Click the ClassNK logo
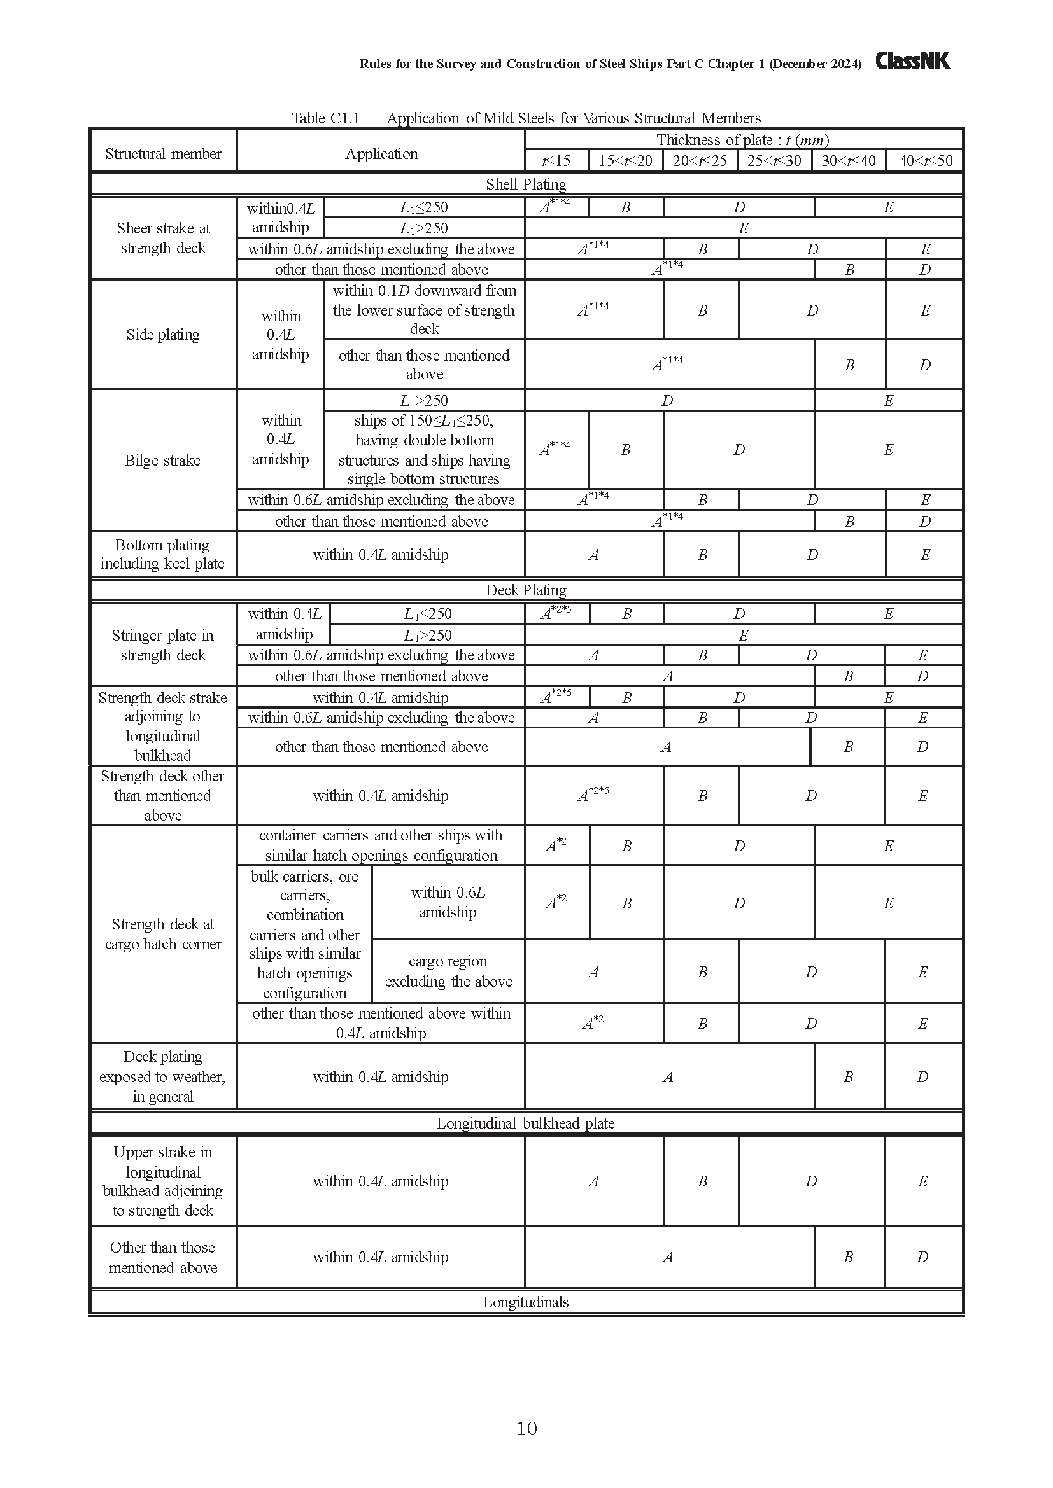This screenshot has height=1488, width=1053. click(x=912, y=61)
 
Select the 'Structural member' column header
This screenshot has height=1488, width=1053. click(x=164, y=153)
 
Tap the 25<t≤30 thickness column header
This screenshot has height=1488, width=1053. click(x=774, y=161)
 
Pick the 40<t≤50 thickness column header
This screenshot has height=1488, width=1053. click(x=925, y=161)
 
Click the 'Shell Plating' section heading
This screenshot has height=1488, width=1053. click(x=526, y=184)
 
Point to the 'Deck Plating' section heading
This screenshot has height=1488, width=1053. click(x=526, y=590)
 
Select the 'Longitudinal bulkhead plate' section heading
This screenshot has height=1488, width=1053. click(x=525, y=1123)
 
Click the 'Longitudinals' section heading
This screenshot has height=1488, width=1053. click(x=525, y=1302)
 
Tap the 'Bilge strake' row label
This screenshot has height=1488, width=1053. click(x=163, y=460)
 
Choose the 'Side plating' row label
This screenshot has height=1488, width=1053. click(x=163, y=335)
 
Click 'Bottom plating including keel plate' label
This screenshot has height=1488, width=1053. click(x=163, y=554)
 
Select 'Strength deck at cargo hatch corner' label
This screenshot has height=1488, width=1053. click(x=163, y=934)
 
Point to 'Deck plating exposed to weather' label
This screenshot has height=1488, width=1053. click(x=163, y=1076)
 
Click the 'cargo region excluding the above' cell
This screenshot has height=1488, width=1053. click(x=448, y=971)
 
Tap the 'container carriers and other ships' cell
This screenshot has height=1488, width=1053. click(x=381, y=845)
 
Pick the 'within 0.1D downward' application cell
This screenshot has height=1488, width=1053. click(x=424, y=309)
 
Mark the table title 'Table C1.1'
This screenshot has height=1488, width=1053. click(x=325, y=118)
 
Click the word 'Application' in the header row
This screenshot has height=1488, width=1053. click(x=381, y=153)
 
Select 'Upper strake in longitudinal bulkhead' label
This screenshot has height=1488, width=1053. click(x=163, y=1181)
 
